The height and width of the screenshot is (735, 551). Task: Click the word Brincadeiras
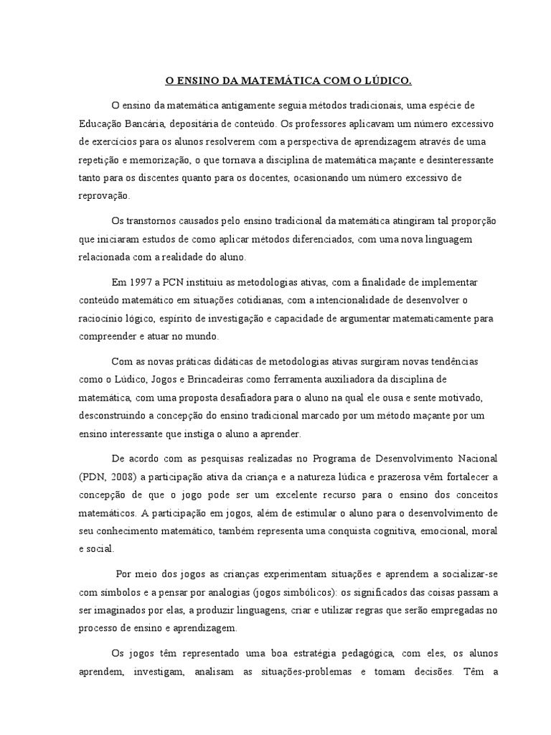[212, 379]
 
